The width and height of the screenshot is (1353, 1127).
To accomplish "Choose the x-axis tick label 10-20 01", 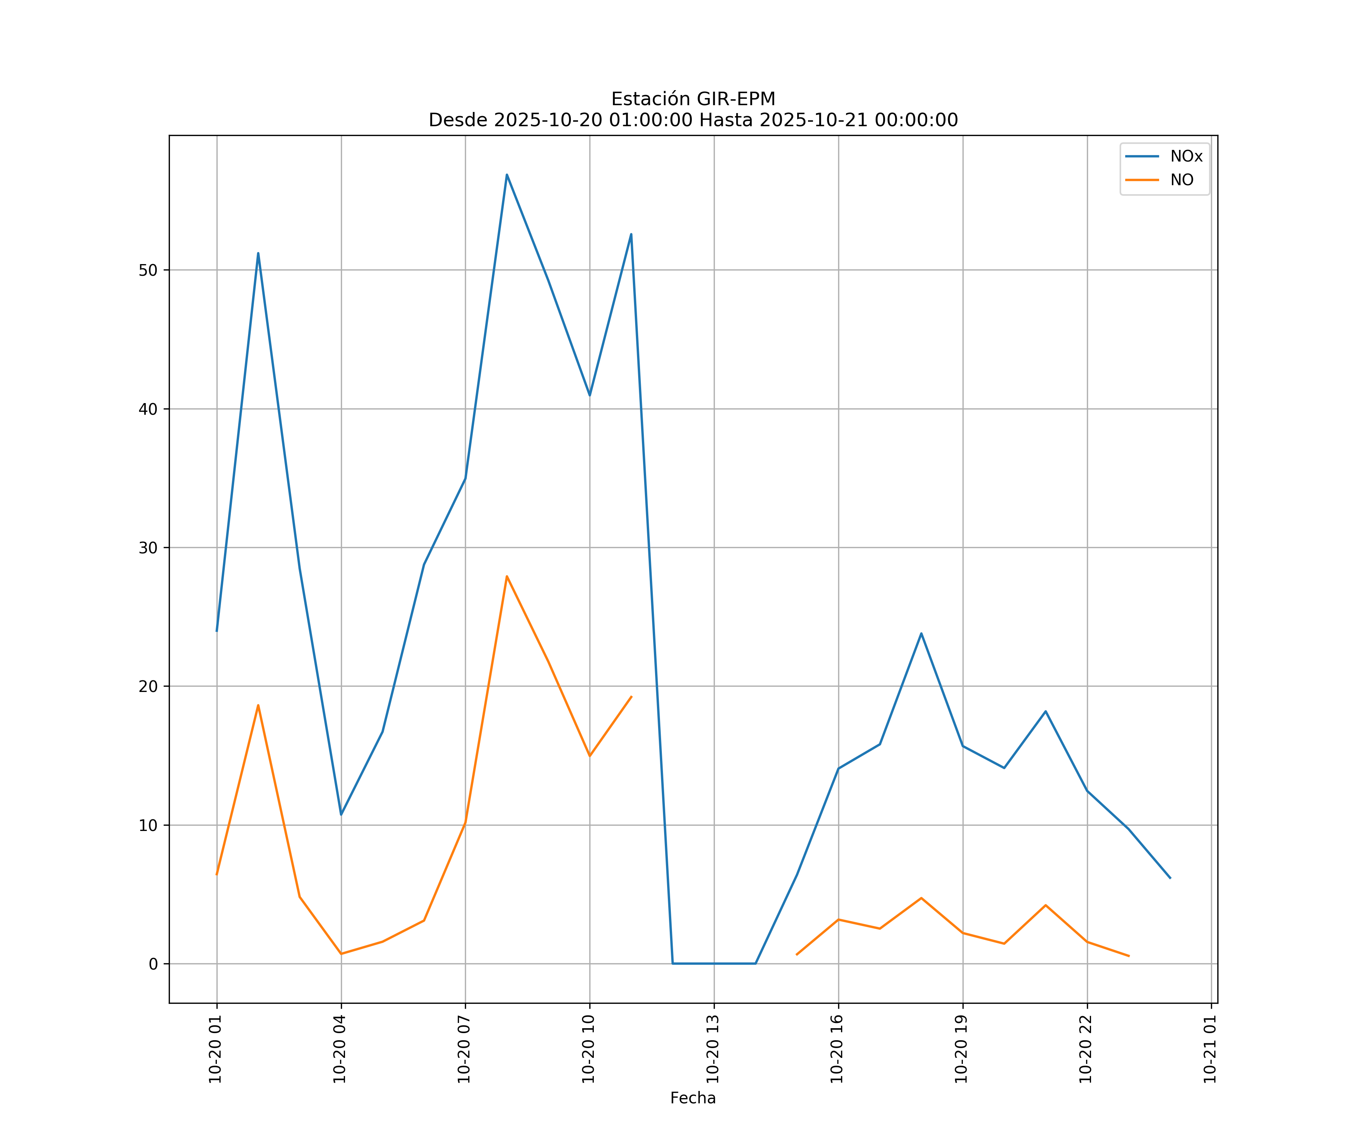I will tap(216, 1049).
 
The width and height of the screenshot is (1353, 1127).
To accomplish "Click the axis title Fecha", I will tap(693, 1098).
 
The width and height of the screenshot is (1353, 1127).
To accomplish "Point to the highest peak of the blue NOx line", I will tap(507, 175).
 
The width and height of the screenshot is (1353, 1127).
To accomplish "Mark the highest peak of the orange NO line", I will tap(507, 576).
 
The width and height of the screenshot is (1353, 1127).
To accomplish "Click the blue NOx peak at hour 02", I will tap(258, 253).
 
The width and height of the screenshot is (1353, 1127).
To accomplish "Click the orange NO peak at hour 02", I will tap(258, 705).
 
